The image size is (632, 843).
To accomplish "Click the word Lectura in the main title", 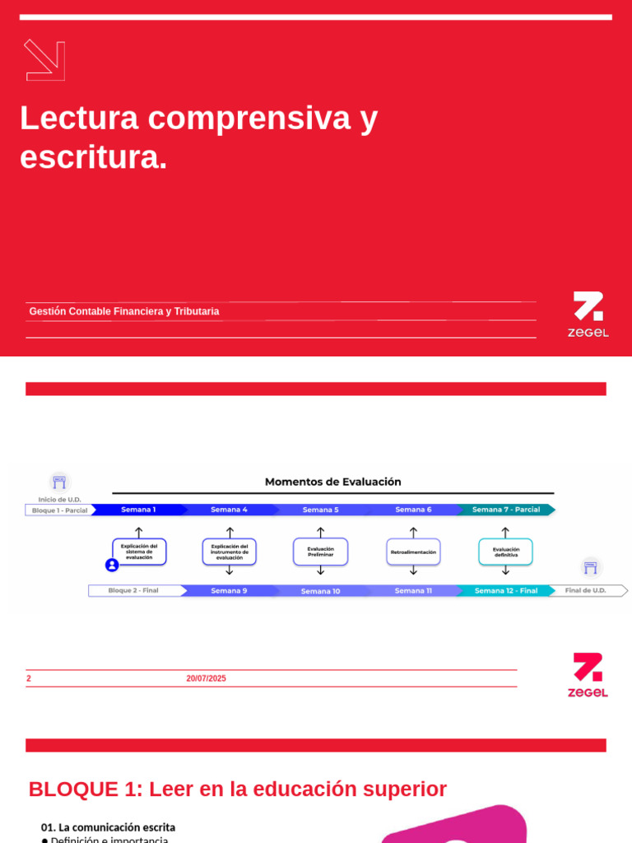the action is [79, 118].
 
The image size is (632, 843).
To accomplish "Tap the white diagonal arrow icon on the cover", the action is [44, 60].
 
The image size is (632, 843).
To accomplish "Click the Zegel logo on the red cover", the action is [588, 314].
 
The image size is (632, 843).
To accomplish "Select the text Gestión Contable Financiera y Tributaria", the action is [124, 311].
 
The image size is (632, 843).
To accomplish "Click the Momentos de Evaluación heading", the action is [332, 482].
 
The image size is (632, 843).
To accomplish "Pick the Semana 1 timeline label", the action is [138, 510].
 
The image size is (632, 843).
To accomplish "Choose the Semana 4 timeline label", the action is [229, 510].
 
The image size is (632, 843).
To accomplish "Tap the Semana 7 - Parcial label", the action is [506, 510].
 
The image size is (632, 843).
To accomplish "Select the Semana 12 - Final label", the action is [506, 590].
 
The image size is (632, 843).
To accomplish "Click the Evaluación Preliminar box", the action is [320, 552].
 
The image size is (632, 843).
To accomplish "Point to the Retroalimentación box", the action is [413, 552].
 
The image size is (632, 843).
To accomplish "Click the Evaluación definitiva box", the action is [505, 552].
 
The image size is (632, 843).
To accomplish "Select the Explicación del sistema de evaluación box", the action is [139, 552].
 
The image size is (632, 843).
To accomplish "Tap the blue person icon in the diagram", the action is [112, 565].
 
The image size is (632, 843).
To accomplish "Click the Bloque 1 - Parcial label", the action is [59, 510].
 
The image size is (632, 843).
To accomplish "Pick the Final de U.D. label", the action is [585, 590].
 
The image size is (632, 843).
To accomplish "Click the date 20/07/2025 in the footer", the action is [206, 678].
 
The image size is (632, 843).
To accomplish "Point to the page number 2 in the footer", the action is [29, 678].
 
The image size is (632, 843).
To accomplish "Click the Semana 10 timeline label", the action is [320, 591].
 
